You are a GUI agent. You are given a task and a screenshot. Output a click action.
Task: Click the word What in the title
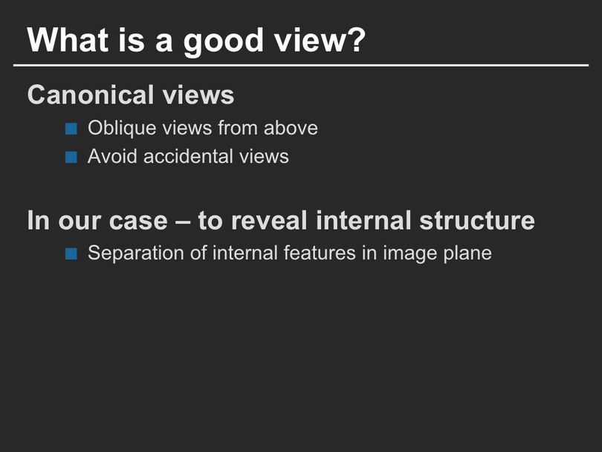68,39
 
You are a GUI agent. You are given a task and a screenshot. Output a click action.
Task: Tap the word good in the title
223,42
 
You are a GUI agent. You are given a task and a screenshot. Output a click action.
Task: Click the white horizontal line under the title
301,65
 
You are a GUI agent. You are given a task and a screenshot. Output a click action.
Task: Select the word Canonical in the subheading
90,94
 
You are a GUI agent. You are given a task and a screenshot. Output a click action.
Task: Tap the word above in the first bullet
291,128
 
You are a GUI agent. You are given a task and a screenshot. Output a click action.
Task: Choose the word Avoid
112,156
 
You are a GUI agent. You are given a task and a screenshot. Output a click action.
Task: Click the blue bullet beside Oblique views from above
71,129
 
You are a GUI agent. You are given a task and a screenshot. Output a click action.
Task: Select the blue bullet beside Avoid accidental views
71,157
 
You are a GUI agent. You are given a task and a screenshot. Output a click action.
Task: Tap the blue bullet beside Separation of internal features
71,254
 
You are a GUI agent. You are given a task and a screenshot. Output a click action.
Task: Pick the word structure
477,221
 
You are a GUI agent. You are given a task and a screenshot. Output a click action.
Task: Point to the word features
320,253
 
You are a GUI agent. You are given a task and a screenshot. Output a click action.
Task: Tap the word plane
467,254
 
